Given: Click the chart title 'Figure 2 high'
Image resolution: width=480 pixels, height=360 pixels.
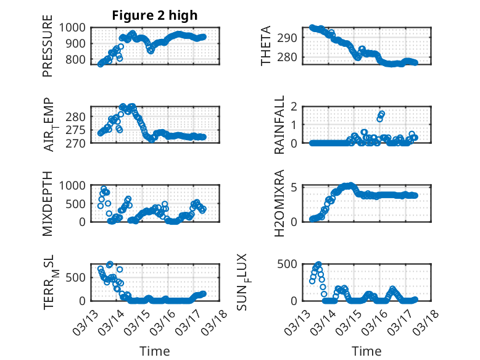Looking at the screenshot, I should (154, 15).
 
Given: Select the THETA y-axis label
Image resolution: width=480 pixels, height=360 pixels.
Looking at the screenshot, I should (267, 46).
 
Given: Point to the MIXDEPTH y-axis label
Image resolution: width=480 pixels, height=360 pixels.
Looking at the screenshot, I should (48, 203).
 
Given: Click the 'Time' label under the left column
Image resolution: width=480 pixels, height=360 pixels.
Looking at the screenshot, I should (154, 351).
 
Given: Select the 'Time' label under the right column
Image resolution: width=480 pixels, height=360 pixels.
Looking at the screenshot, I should (366, 351).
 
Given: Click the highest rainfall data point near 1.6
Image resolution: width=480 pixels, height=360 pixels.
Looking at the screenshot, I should (382, 114).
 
